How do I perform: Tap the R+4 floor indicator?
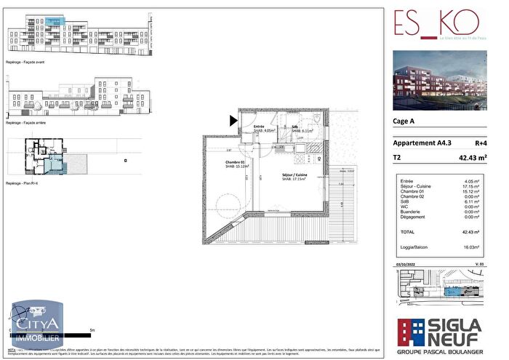tap(480, 143)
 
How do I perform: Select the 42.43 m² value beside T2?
tap(470, 156)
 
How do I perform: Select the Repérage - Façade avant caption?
tap(25, 63)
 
